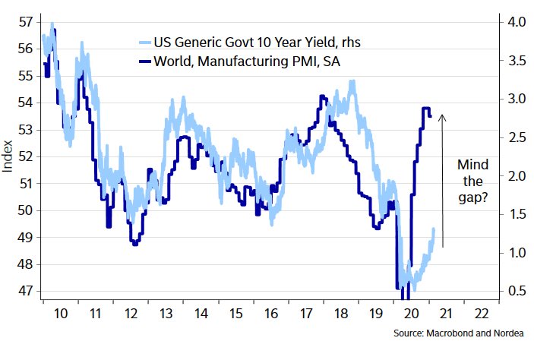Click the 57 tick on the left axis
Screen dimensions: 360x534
24,21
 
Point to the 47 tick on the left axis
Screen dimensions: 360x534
24,291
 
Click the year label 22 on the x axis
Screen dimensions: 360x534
480,313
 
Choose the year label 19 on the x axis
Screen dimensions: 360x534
374,313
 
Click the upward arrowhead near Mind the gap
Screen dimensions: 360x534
443,117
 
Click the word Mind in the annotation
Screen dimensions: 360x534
472,165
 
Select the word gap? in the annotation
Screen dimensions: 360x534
472,200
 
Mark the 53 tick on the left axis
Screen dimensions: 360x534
24,129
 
